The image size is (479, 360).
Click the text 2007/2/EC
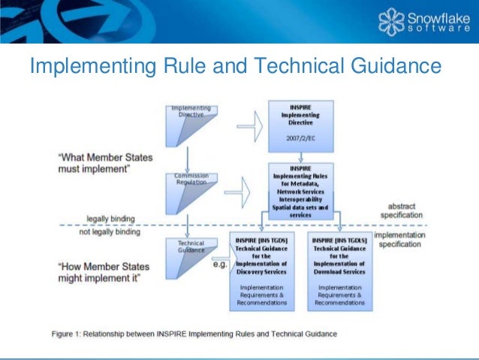pos(300,138)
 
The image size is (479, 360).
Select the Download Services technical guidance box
pos(340,271)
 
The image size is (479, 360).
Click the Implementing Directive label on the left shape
pos(190,111)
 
